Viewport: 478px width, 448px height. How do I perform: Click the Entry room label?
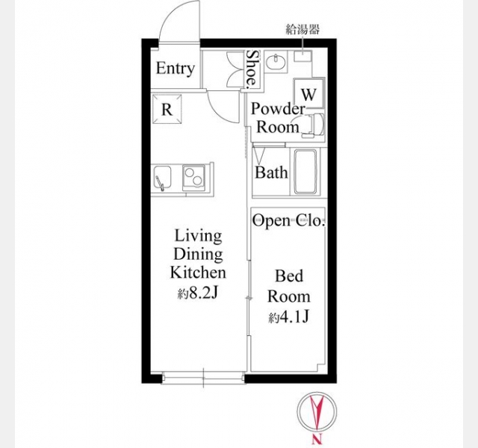(x=176, y=69)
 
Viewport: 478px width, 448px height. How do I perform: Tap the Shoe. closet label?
(x=252, y=69)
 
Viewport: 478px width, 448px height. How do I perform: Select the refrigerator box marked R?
(x=167, y=110)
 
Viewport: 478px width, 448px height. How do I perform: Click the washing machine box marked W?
(x=308, y=93)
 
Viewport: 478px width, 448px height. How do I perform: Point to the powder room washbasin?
(x=276, y=61)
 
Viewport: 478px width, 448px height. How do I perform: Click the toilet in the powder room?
(x=314, y=125)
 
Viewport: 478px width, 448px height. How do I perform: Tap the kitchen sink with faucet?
(x=162, y=178)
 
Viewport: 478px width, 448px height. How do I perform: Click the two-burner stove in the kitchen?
(x=193, y=178)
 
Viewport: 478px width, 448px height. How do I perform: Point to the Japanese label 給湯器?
(x=302, y=29)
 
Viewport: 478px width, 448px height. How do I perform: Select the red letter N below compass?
(x=317, y=439)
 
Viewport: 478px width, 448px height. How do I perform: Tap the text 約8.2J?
(x=198, y=293)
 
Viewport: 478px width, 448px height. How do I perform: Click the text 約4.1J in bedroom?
(x=289, y=317)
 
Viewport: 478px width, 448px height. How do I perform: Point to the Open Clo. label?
(x=288, y=220)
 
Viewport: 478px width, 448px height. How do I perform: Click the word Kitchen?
(x=198, y=272)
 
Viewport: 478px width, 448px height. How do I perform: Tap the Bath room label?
(x=271, y=172)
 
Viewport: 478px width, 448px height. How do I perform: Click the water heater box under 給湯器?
(x=302, y=57)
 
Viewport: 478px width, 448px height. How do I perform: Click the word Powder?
(x=278, y=109)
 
